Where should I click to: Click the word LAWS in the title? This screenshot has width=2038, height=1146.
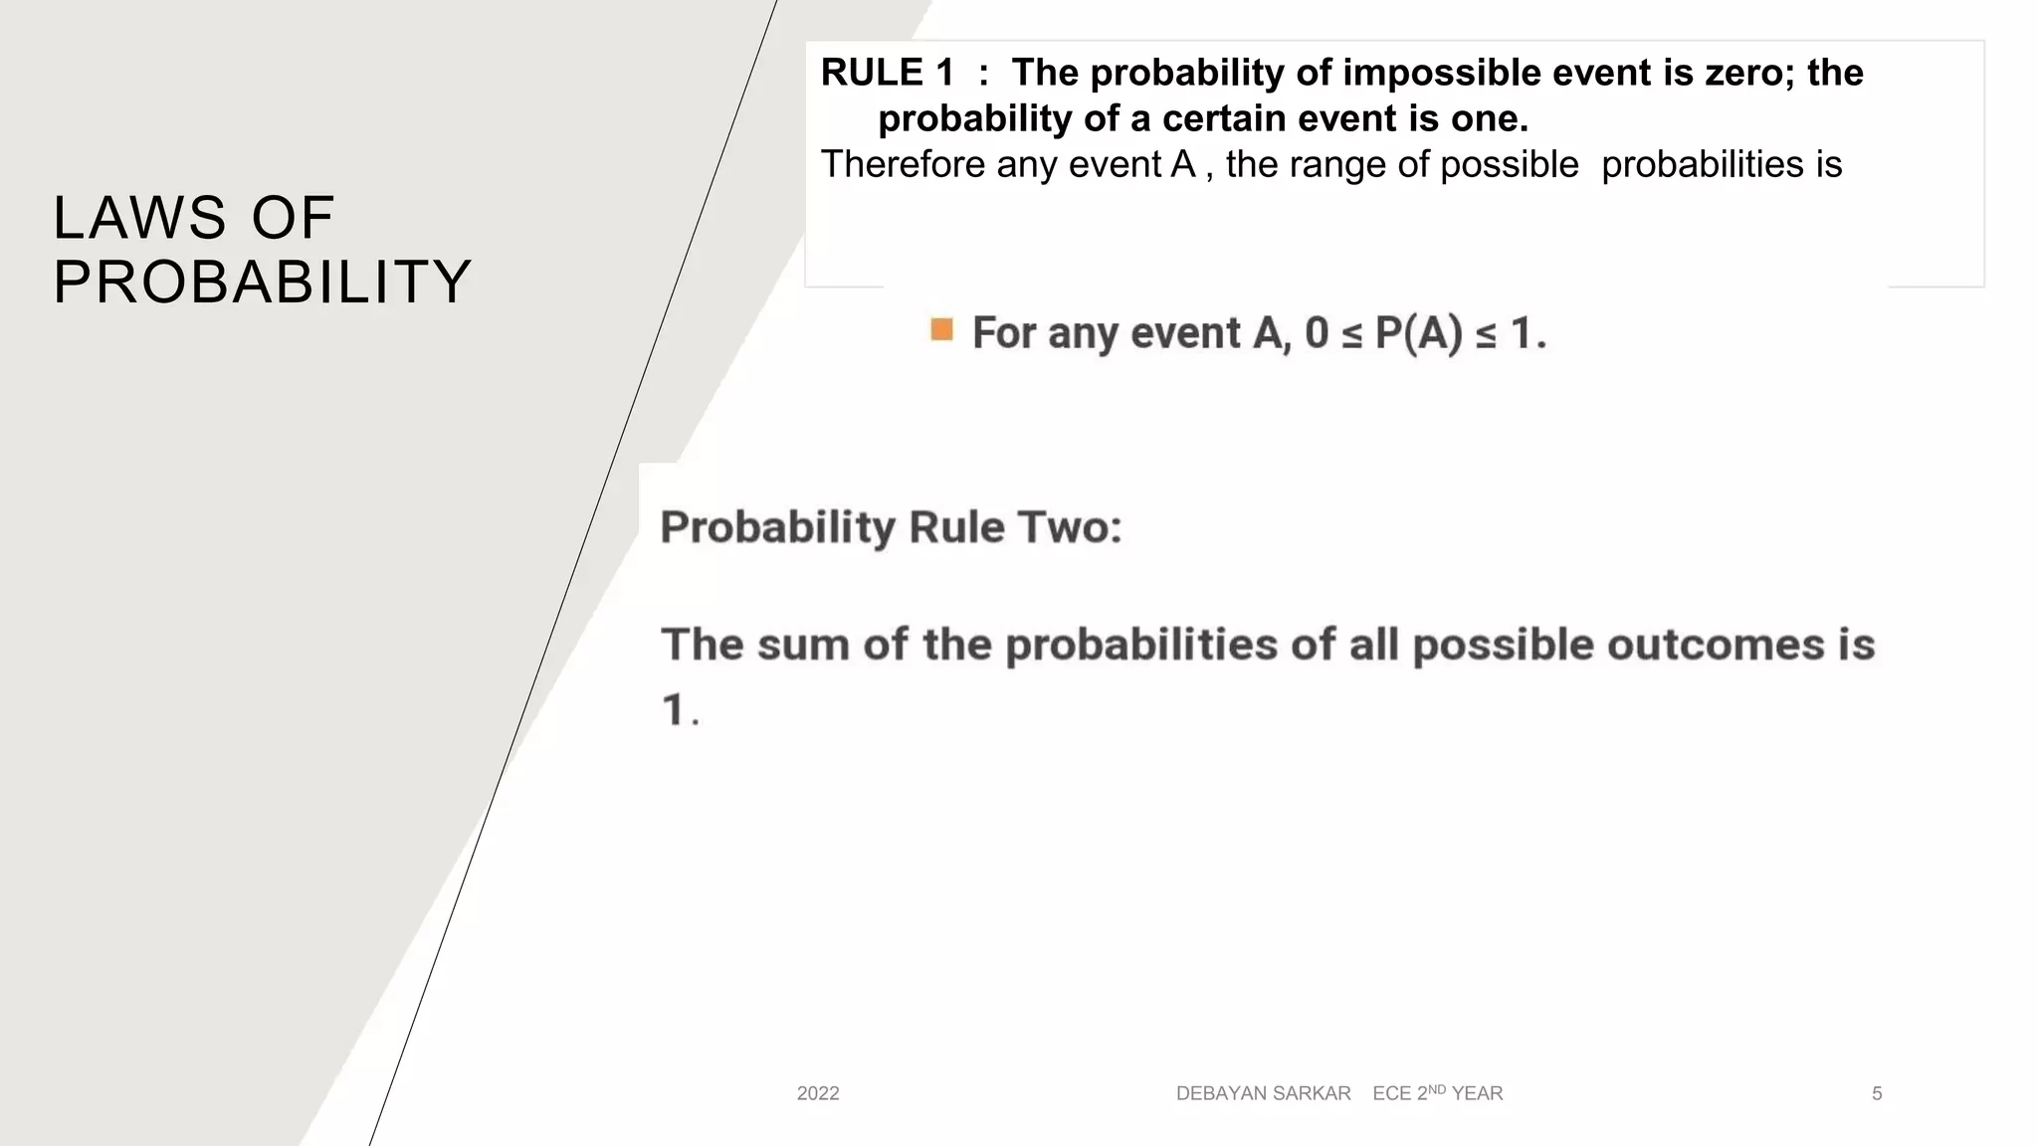(140, 218)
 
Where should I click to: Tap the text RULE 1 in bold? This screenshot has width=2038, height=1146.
(887, 73)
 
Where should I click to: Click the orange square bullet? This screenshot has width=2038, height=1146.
(941, 329)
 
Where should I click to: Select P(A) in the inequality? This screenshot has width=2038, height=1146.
(1418, 333)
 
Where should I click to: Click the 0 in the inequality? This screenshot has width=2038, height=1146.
(1316, 333)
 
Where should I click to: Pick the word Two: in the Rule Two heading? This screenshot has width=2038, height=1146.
(1069, 527)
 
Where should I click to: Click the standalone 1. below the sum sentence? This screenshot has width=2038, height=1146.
(680, 710)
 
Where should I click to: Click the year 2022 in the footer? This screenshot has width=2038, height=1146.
(818, 1093)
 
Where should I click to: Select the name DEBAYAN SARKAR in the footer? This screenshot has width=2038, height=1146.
(1263, 1093)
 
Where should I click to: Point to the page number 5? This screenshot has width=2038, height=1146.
(1877, 1093)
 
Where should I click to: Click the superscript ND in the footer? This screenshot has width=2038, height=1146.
(1437, 1089)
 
